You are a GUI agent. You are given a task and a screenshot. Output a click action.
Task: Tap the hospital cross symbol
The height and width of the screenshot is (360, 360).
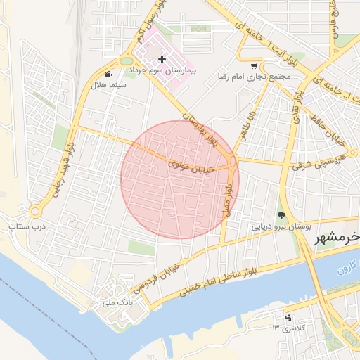(x=162, y=60)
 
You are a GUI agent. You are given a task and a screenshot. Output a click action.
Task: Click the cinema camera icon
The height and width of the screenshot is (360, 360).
(x=108, y=73)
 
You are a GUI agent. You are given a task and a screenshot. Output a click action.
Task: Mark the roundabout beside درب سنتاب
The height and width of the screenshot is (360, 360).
(x=34, y=211)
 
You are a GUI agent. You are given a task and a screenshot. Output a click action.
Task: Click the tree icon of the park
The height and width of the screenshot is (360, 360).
(x=282, y=215)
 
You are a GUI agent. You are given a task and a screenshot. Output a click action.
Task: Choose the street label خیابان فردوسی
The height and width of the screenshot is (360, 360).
(x=164, y=274)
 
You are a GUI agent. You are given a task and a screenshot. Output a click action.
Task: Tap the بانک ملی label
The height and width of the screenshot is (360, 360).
(x=117, y=302)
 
